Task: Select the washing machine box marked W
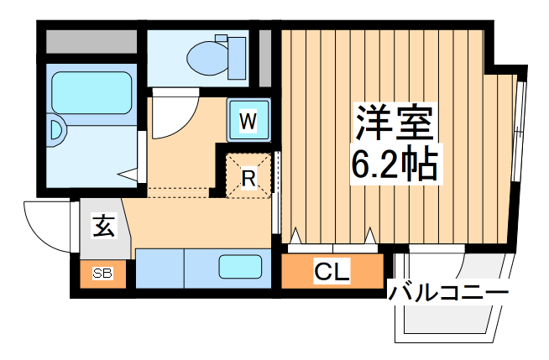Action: coord(247,121)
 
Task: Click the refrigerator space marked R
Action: coord(248,176)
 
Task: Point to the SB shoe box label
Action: coord(102,273)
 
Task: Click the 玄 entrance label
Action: coord(102,227)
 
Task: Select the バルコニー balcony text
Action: coord(448,293)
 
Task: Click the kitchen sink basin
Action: coord(241,267)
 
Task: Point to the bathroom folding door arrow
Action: coord(128,175)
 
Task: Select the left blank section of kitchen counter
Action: coord(159,268)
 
